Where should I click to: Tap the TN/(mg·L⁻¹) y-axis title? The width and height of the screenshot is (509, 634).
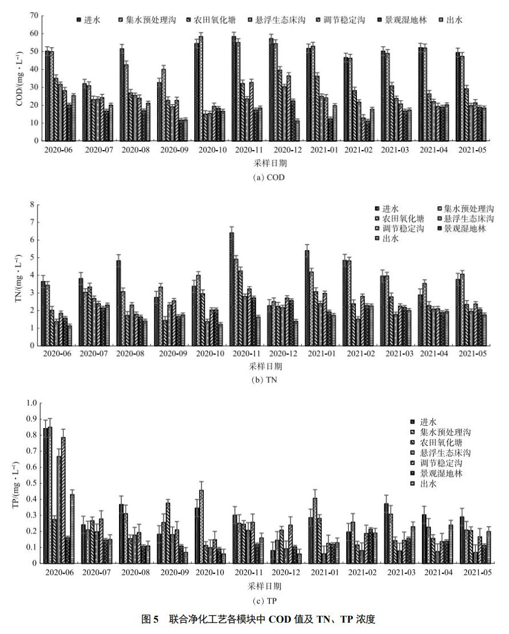(x=18, y=275)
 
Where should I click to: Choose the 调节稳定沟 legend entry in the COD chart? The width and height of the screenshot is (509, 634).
(x=342, y=20)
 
